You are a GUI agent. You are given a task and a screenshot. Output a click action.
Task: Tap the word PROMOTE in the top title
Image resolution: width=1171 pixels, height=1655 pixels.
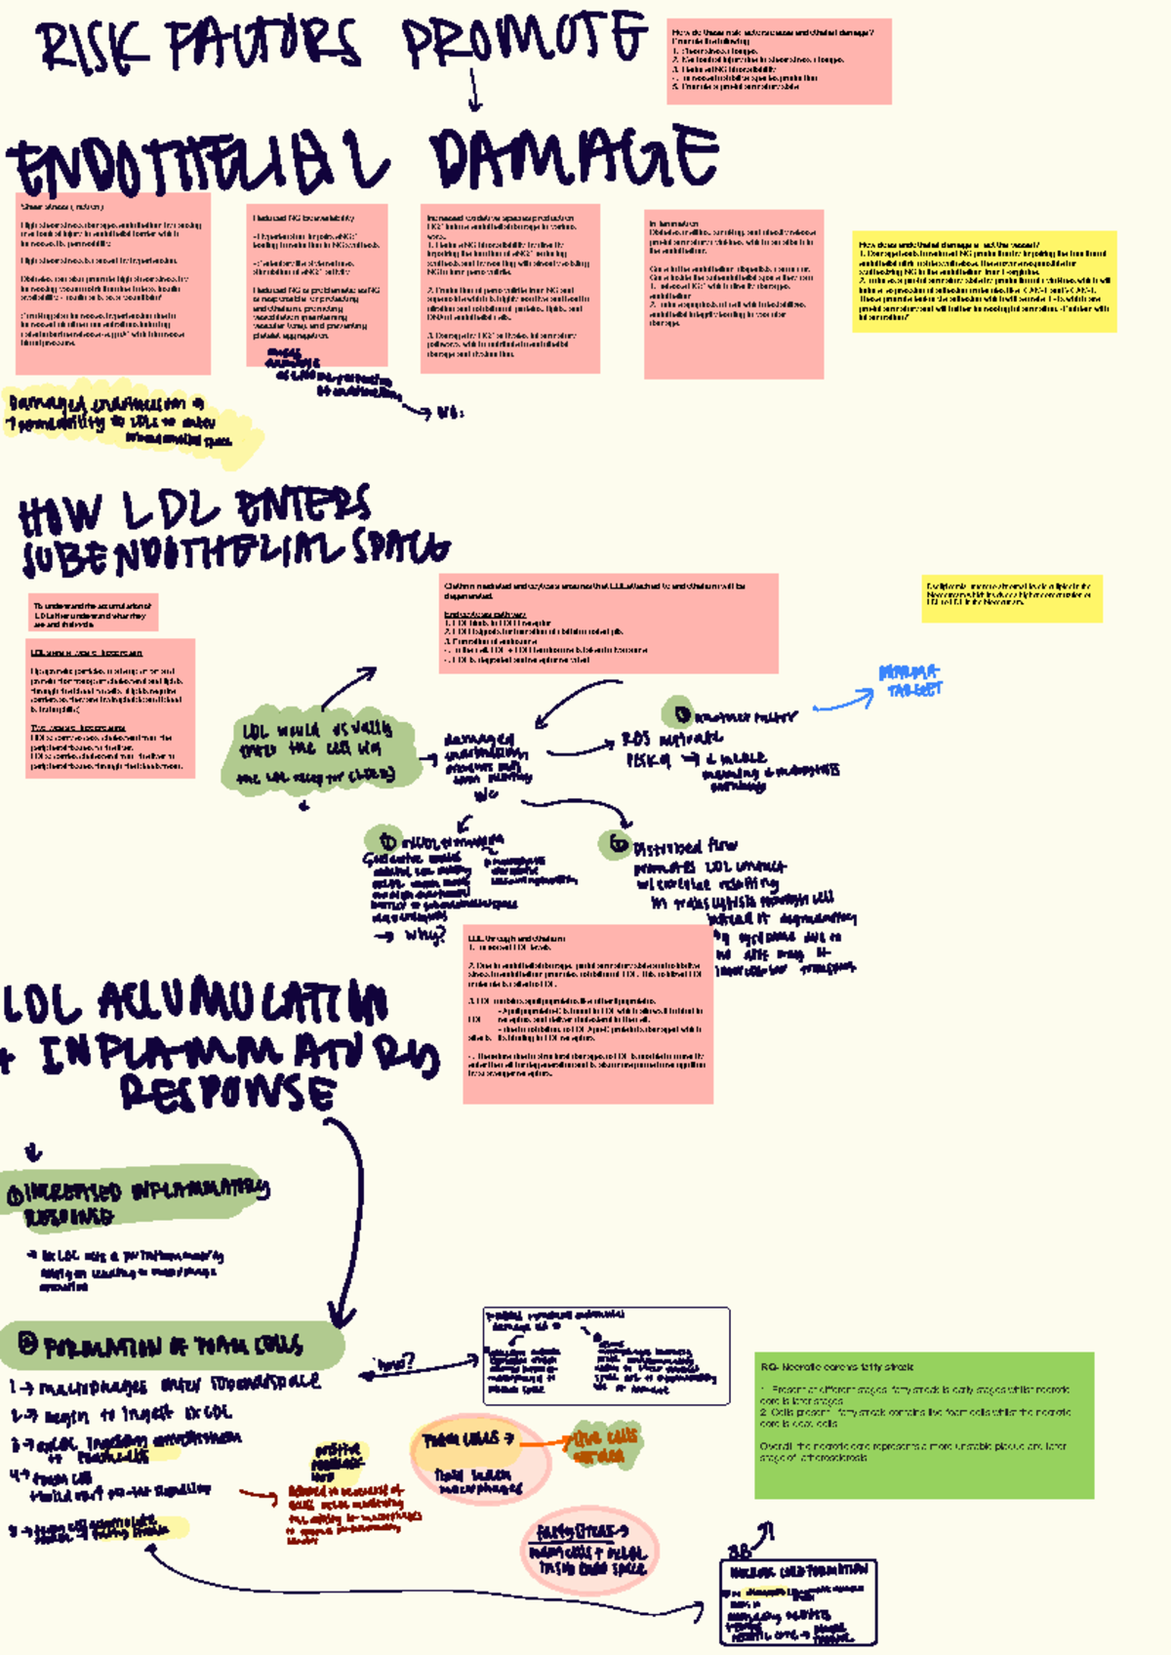coord(523,41)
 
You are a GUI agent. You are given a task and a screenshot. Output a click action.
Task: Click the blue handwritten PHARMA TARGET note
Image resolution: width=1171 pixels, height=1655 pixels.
coord(910,680)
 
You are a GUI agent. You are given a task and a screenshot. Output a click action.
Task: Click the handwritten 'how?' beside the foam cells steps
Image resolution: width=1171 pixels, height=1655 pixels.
coord(395,1362)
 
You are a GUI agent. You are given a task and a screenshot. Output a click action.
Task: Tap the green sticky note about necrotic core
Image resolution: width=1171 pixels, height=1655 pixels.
coord(923,1425)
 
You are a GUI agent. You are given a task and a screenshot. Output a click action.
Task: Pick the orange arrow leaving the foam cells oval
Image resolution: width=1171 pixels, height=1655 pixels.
coord(545,1441)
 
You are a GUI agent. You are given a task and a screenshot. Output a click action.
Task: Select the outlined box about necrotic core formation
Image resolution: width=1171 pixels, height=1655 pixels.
coord(797,1601)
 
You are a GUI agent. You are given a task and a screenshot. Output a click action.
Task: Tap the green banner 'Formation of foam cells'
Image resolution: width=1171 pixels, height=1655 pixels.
coord(171,1346)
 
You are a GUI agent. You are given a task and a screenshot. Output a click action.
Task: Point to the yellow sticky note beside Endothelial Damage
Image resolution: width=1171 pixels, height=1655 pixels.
coord(984,282)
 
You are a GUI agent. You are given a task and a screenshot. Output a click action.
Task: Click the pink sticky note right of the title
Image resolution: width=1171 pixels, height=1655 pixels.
coord(779,61)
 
